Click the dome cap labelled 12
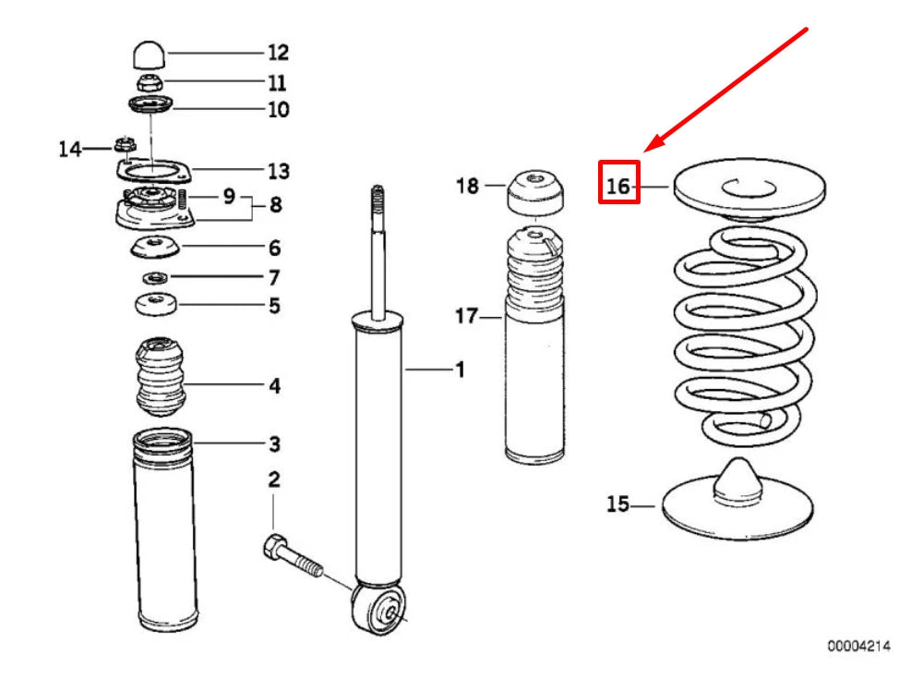(150, 55)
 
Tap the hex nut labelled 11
(150, 82)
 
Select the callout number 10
(279, 109)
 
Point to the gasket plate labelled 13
(153, 172)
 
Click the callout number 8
(276, 205)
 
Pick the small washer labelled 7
(156, 278)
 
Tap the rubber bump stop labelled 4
(161, 376)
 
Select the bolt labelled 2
(294, 556)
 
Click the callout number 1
(461, 370)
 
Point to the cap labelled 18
(535, 192)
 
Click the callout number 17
(466, 316)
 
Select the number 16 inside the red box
(618, 186)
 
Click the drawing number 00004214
(858, 646)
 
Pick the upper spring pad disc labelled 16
(749, 190)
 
